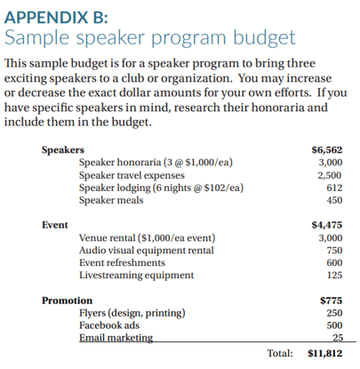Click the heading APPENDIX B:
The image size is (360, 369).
[x=56, y=17]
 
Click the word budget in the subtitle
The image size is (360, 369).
[x=264, y=38]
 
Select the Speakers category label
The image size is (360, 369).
[x=63, y=150]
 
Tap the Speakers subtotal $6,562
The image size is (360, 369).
[x=327, y=150]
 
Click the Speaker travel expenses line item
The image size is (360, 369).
[x=132, y=175]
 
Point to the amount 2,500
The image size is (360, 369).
[x=330, y=175]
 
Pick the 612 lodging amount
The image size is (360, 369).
[x=334, y=188]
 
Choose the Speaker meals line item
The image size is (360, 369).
[x=111, y=200]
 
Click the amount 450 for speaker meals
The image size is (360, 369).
[x=334, y=200]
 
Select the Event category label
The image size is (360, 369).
[x=55, y=225]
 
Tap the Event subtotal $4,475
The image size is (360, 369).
[x=327, y=225]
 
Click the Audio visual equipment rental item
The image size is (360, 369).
[x=147, y=251]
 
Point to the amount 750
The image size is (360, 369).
[x=334, y=251]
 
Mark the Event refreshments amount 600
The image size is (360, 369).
[x=334, y=263]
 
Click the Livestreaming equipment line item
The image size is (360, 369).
[x=136, y=276]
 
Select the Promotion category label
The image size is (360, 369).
[x=67, y=301]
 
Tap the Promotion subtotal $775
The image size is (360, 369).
[x=332, y=301]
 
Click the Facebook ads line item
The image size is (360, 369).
[x=109, y=325]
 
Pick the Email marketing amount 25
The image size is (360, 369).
[x=338, y=338]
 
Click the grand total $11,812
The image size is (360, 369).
[x=325, y=353]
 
